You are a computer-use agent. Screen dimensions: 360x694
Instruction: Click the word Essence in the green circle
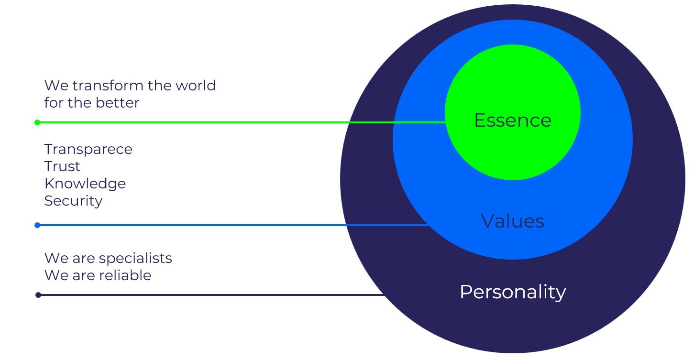point(512,120)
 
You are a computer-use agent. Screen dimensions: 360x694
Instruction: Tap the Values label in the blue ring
point(512,221)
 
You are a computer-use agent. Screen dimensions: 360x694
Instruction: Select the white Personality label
point(512,292)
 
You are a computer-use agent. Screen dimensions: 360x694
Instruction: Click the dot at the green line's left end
point(37,122)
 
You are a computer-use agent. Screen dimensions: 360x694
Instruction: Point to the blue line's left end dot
point(37,225)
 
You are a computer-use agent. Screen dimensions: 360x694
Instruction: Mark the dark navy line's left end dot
point(38,295)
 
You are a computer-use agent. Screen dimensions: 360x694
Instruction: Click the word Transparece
point(88,149)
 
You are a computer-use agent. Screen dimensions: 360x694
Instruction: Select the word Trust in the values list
point(62,166)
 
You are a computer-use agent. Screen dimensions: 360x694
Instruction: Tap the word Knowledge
point(85,184)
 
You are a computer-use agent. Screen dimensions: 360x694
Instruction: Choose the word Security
point(73,201)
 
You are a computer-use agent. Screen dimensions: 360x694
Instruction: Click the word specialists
point(135,259)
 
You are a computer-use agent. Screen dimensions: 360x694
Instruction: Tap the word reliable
point(125,275)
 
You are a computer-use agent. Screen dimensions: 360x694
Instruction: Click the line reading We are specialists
point(108,259)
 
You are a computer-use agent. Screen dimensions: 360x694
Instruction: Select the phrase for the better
point(92,103)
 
